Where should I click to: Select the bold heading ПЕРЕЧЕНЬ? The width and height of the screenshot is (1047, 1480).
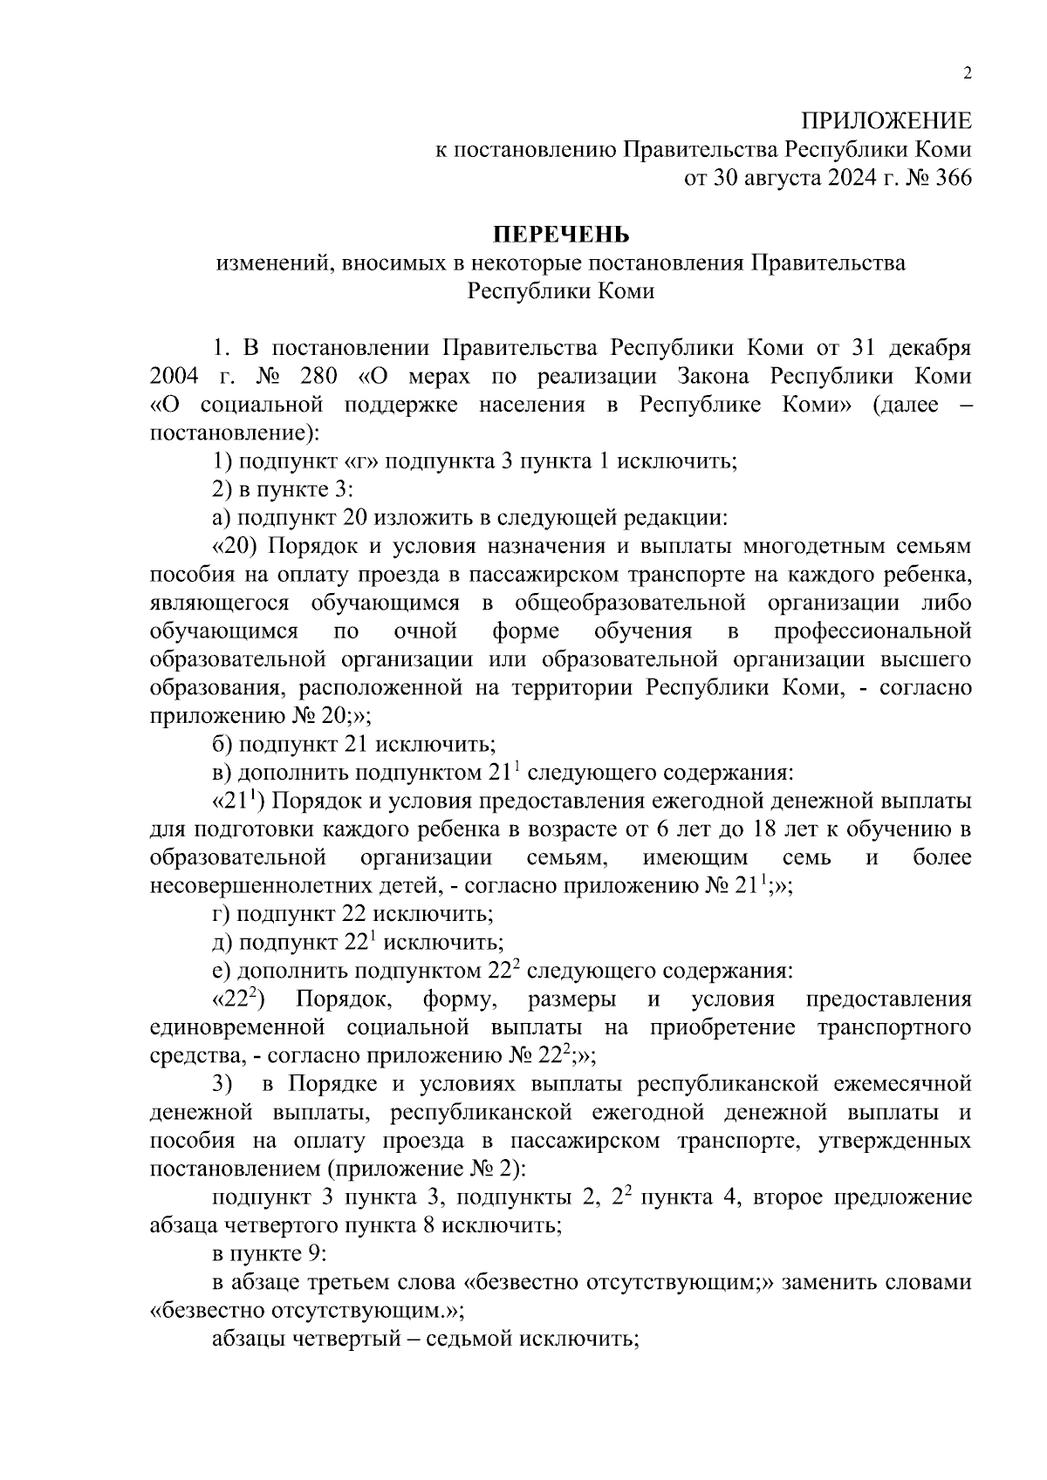561,235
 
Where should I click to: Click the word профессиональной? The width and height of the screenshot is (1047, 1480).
872,631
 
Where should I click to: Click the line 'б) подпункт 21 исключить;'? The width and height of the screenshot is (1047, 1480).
354,744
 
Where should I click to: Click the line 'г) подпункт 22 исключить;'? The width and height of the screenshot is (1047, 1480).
353,914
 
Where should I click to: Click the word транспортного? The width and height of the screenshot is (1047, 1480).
893,1027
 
